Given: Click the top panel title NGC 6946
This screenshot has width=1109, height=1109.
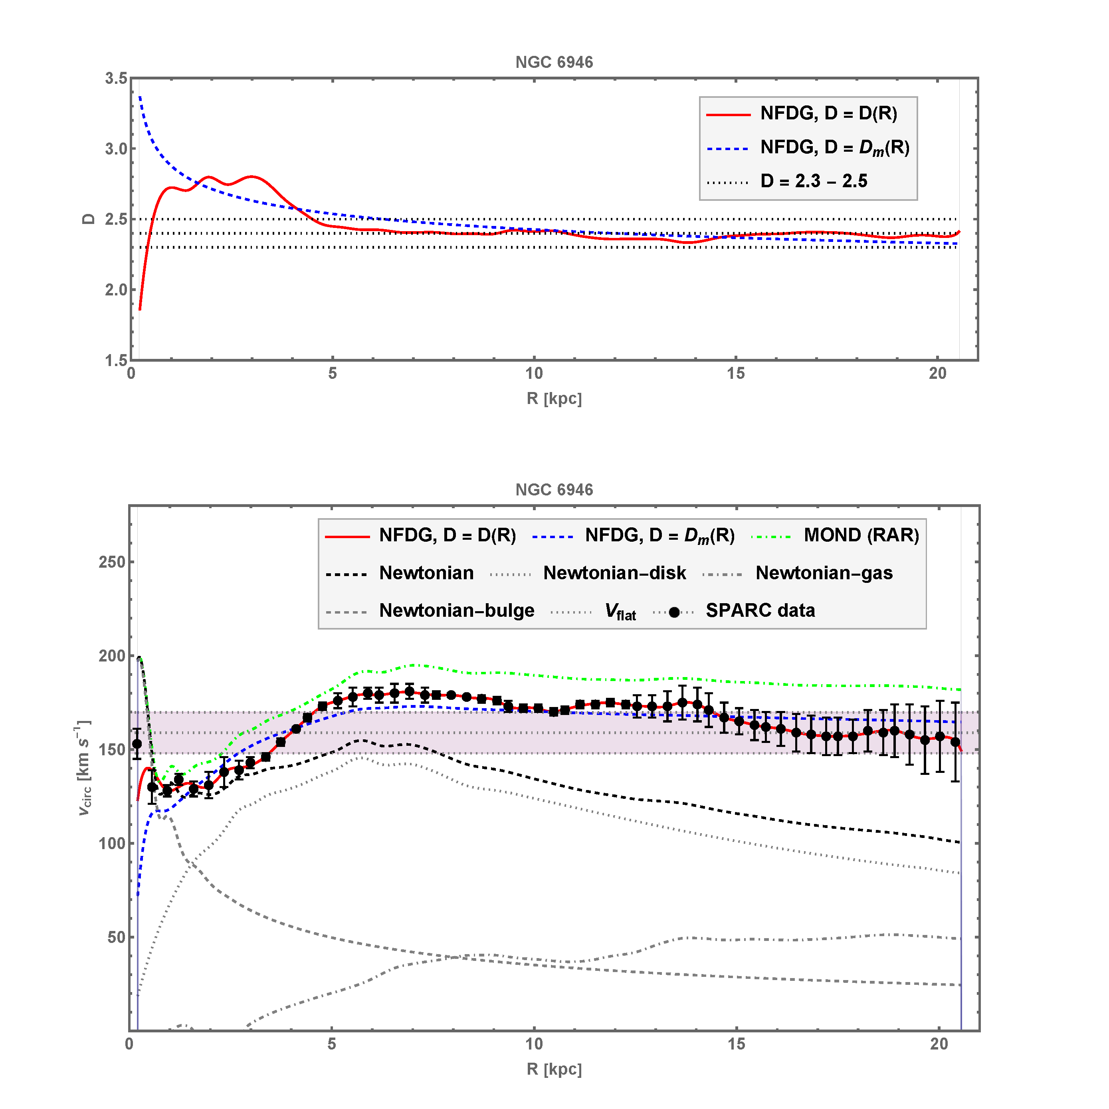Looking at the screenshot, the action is tap(554, 62).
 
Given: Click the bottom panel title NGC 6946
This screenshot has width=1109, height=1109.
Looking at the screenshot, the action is tap(554, 490).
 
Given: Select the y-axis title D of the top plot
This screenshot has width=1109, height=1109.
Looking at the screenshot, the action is tap(88, 219).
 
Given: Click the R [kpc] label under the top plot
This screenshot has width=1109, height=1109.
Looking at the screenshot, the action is tap(554, 398).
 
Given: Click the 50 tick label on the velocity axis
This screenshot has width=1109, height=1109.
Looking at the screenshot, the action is tap(117, 937).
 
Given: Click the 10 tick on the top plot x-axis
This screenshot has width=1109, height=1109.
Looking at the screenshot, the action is tap(534, 373).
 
